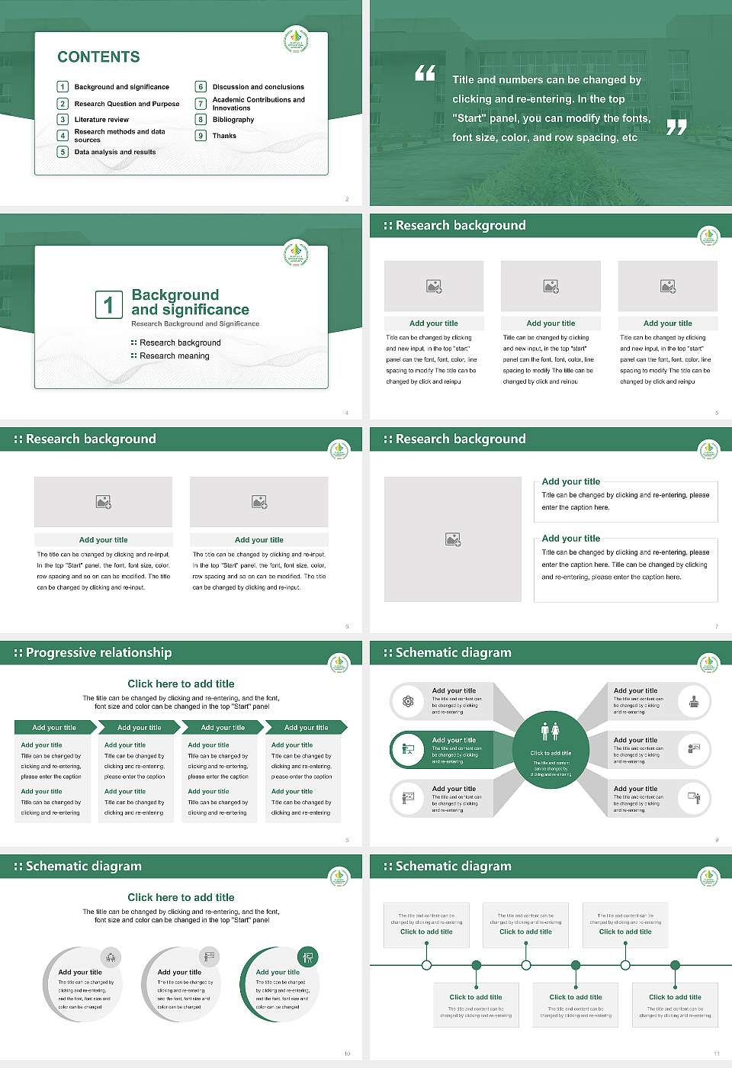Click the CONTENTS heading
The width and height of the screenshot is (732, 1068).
pos(98,57)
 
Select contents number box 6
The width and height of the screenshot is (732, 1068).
pos(201,87)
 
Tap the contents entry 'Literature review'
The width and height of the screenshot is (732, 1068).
pos(101,120)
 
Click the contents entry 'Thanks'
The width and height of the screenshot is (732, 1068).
pos(224,136)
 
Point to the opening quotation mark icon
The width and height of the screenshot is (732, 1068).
pos(425,73)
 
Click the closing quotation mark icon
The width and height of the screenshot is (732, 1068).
pos(676,127)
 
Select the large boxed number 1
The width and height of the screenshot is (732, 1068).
pos(108,304)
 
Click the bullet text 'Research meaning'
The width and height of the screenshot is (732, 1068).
pos(174,356)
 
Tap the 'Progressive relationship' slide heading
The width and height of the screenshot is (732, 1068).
pos(98,653)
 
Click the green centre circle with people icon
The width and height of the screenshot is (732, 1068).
pos(551,750)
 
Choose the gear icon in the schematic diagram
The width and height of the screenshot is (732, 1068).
pos(408,701)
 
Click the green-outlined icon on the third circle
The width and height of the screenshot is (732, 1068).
pos(308,957)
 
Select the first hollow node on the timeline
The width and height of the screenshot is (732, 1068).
pos(426,965)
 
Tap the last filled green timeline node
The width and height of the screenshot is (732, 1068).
pos(675,965)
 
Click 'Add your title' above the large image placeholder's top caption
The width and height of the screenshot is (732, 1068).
pos(570,481)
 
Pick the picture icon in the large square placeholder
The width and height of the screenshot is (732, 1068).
pos(453,539)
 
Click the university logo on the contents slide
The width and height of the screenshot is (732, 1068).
pos(296,39)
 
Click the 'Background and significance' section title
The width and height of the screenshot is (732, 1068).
pos(190,302)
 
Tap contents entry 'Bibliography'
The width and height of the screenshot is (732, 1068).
pos(233,120)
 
